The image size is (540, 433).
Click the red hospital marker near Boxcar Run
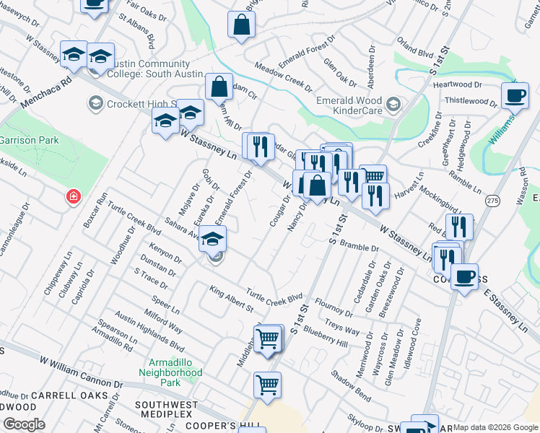point(73,196)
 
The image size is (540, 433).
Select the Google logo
point(23,424)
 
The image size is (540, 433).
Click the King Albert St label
point(231,299)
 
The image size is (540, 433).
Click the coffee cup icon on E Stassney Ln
point(464,277)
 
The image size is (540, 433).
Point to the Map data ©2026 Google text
point(494,427)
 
